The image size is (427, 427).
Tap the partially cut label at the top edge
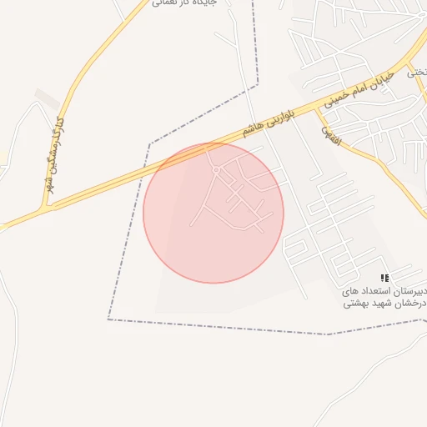(x=185, y=4)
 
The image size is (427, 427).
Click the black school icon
(x=384, y=277)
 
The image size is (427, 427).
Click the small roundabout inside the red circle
(x=216, y=170)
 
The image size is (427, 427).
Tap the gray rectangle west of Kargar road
(x=48, y=98)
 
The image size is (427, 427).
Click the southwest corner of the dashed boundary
(x=108, y=319)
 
